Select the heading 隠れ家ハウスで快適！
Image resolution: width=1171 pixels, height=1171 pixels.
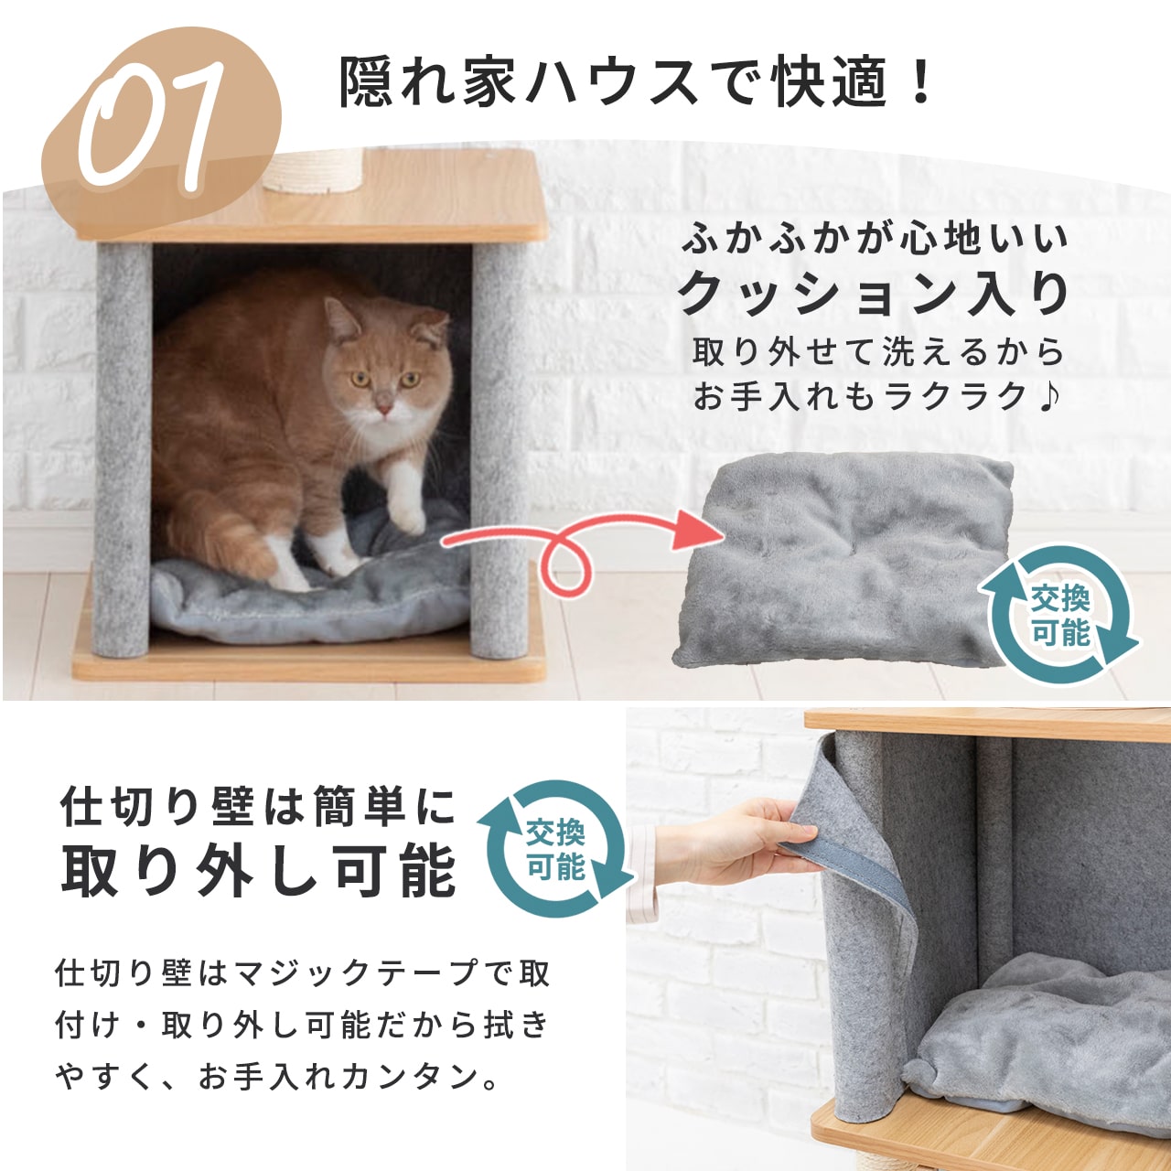pos(636,82)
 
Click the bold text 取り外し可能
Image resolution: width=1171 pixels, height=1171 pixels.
pos(258,870)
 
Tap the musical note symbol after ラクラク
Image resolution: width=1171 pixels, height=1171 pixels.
pos(1048,397)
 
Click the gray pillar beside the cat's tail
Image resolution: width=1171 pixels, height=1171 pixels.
pos(122,450)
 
